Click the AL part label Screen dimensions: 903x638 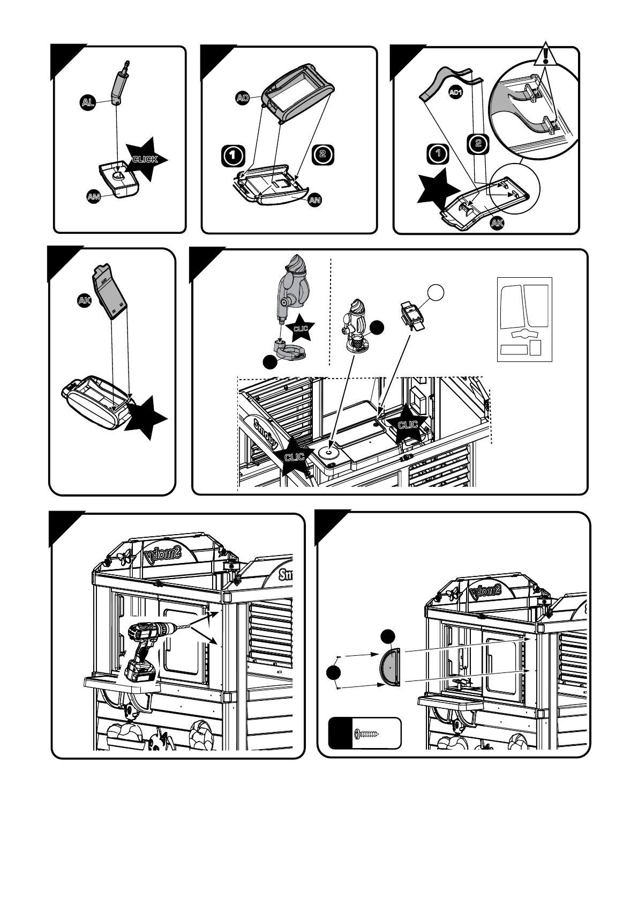click(x=88, y=103)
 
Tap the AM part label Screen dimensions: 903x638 click(x=94, y=197)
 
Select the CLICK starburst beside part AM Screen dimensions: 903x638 click(x=145, y=159)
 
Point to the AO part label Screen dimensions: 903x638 click(x=243, y=98)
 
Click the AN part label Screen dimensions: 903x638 click(x=315, y=200)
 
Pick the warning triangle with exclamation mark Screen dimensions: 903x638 click(x=545, y=56)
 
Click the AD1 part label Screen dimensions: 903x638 click(x=455, y=93)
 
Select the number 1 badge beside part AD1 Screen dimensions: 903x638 click(x=438, y=153)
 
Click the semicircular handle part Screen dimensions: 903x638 click(x=389, y=667)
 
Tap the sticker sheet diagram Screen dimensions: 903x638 click(x=524, y=319)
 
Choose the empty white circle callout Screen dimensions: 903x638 click(x=437, y=292)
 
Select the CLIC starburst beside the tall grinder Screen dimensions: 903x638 click(x=301, y=328)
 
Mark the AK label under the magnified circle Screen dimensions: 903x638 click(x=497, y=224)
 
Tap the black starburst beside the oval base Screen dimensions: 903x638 click(x=145, y=418)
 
